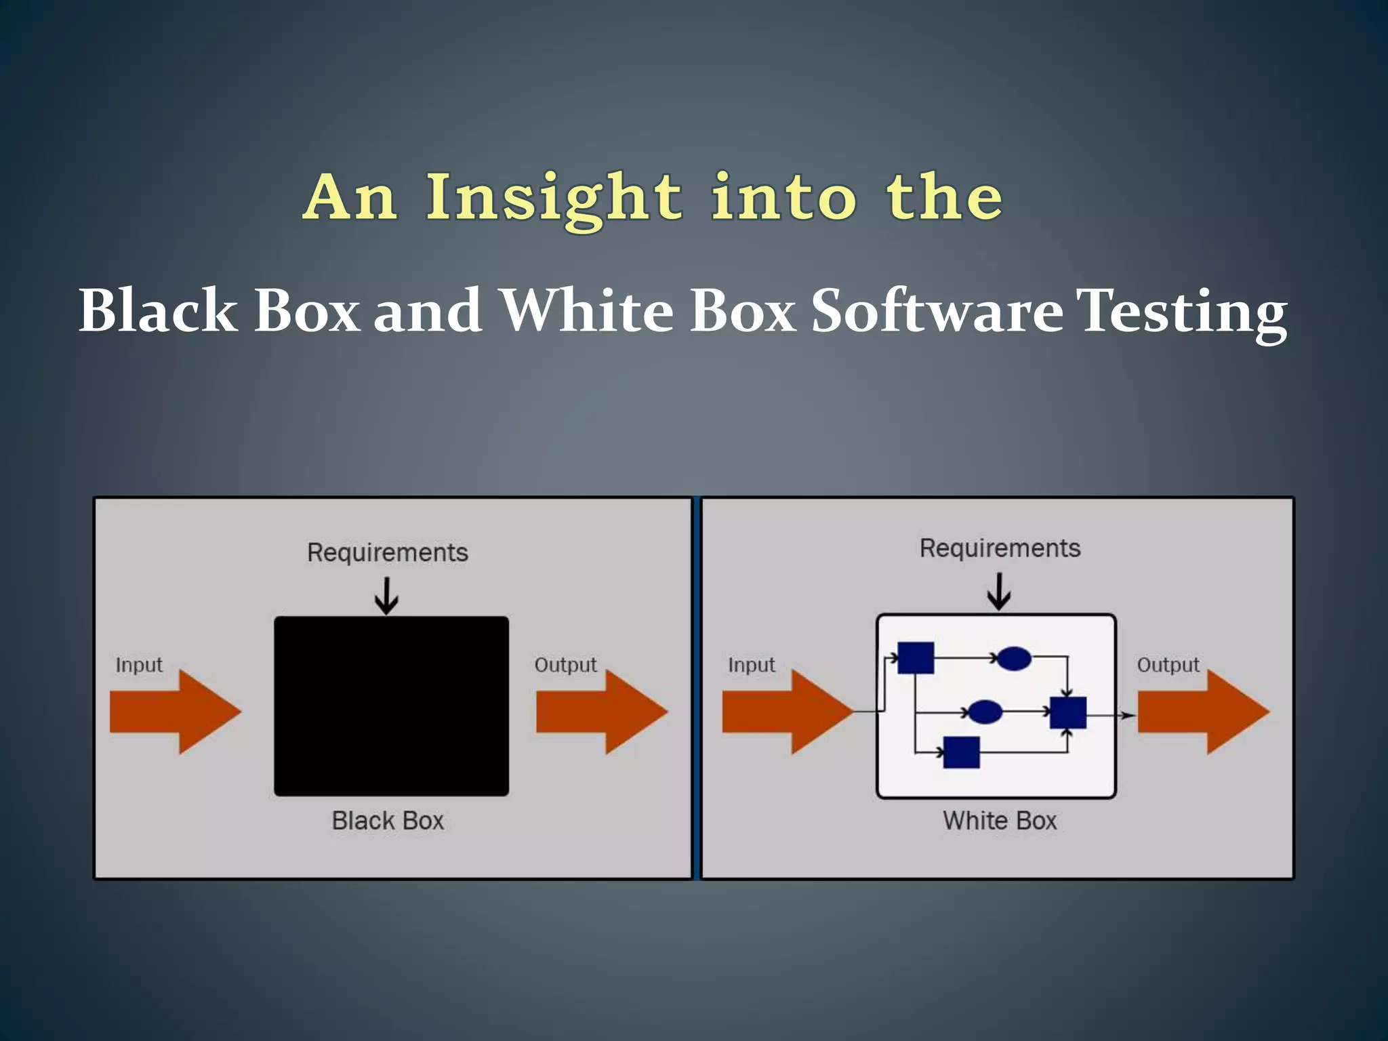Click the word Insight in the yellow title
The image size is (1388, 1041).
tap(553, 198)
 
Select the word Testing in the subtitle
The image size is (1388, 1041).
tap(1182, 312)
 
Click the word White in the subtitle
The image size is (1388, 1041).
tap(587, 310)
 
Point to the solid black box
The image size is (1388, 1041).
tap(391, 706)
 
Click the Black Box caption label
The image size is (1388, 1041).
tap(388, 821)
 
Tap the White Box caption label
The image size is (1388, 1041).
tap(1000, 821)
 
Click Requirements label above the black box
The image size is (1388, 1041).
tap(388, 552)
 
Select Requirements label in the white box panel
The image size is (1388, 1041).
tap(1000, 548)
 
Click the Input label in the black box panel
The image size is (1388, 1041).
tap(139, 665)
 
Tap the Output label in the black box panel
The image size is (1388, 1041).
tap(565, 665)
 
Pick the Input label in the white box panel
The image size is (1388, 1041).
tap(752, 665)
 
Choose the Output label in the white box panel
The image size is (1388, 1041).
tap(1168, 665)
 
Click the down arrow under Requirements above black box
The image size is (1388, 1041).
tap(386, 596)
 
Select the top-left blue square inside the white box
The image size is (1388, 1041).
tap(916, 657)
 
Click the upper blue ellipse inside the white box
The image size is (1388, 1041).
tap(1015, 658)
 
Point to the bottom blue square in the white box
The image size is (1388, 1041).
tap(962, 752)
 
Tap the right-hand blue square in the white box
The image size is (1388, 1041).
tap(1067, 712)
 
